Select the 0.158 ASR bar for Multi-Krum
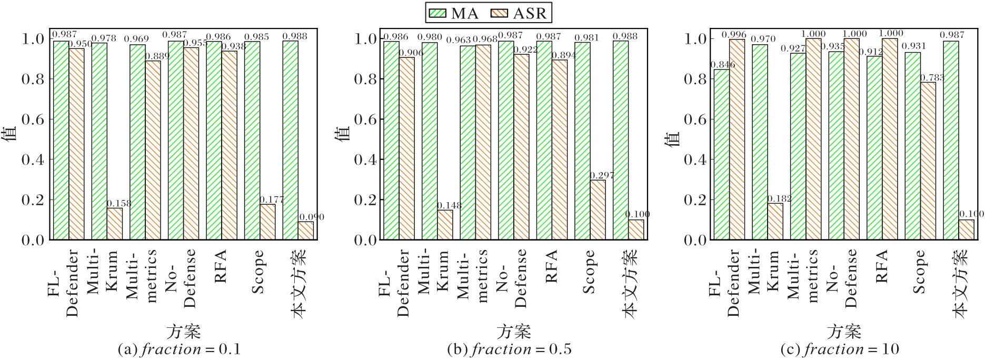click(115, 224)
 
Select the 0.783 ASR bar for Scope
click(928, 161)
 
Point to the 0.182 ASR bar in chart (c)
click(775, 221)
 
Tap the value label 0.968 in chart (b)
click(484, 39)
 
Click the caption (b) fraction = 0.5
click(510, 349)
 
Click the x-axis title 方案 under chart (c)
click(844, 332)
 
